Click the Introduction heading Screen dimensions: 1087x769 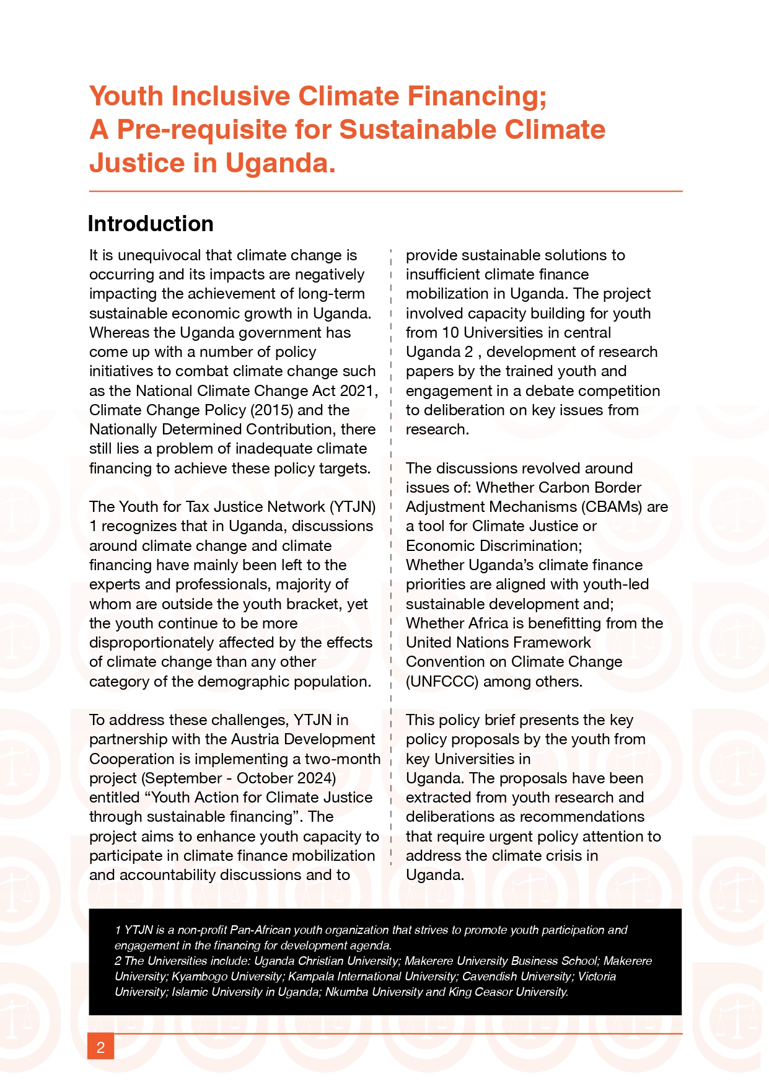[x=151, y=224]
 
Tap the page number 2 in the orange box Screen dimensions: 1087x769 [x=100, y=1047]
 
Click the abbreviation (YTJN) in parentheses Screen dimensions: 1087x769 [x=353, y=507]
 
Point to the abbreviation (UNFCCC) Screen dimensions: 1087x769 [x=442, y=682]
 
